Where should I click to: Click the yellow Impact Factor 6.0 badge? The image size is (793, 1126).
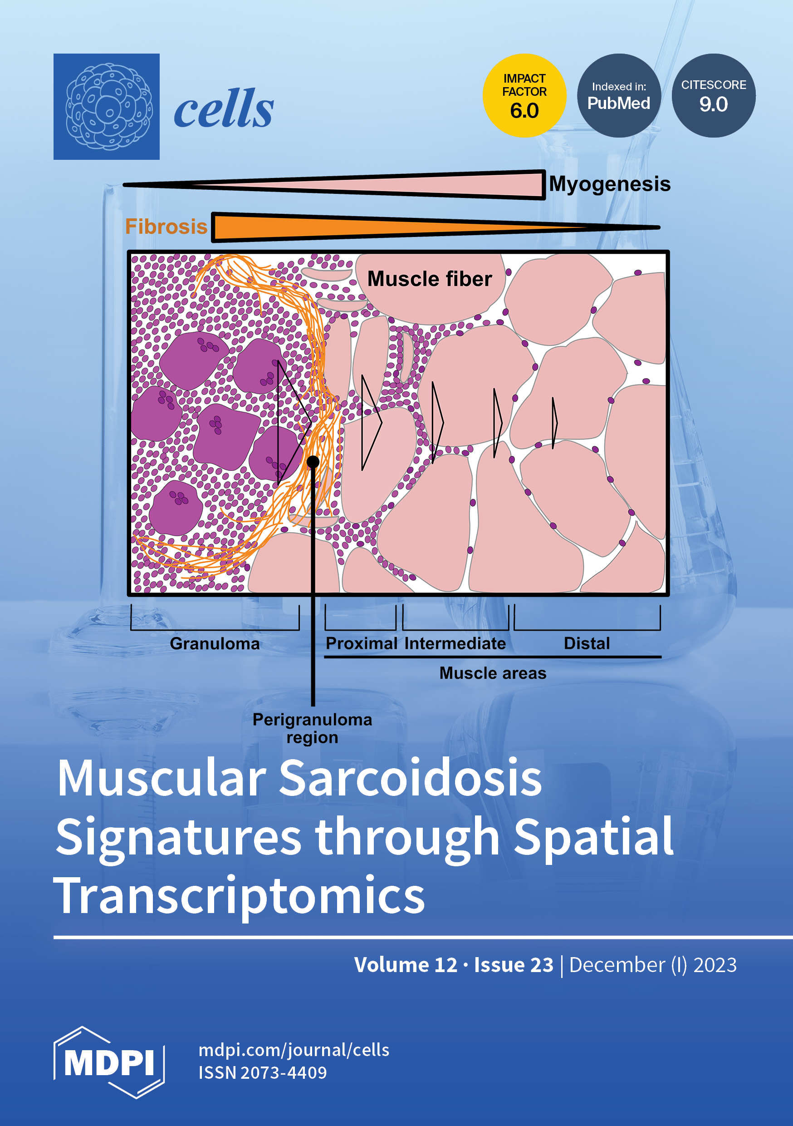524,96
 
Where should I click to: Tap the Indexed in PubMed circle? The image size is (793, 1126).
618,96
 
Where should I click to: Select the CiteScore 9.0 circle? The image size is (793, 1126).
713,96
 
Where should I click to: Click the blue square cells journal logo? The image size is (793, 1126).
106,106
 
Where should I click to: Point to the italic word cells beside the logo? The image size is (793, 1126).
224,109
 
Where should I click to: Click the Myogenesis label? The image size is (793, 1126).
609,184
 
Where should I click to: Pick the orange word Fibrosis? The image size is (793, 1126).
166,227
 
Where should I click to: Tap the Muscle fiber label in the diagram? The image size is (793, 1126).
429,279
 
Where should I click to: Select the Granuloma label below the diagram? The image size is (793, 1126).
215,643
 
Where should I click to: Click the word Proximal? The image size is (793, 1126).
361,643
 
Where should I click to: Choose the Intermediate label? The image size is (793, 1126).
455,643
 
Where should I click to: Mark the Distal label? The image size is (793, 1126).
587,643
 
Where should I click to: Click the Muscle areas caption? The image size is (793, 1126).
493,673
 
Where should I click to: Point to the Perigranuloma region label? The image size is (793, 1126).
312,728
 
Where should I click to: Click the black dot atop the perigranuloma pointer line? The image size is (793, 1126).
313,461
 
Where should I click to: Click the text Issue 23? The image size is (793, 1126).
513,965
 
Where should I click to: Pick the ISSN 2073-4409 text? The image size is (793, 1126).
262,1072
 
